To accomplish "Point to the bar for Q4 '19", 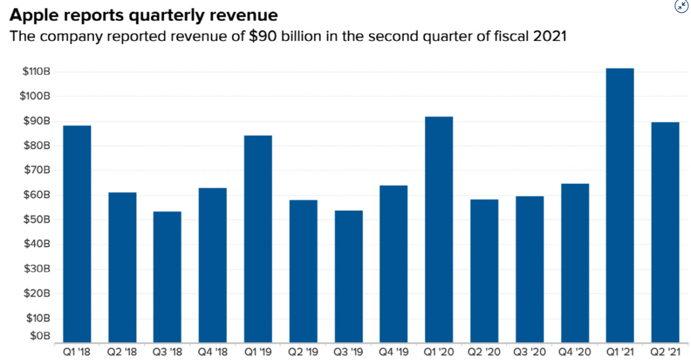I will click(x=394, y=263).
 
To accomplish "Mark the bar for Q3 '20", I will click(x=530, y=268).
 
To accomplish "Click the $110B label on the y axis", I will click(x=36, y=72).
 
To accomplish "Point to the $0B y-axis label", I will click(x=40, y=336).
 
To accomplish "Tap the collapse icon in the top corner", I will click(x=681, y=5).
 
